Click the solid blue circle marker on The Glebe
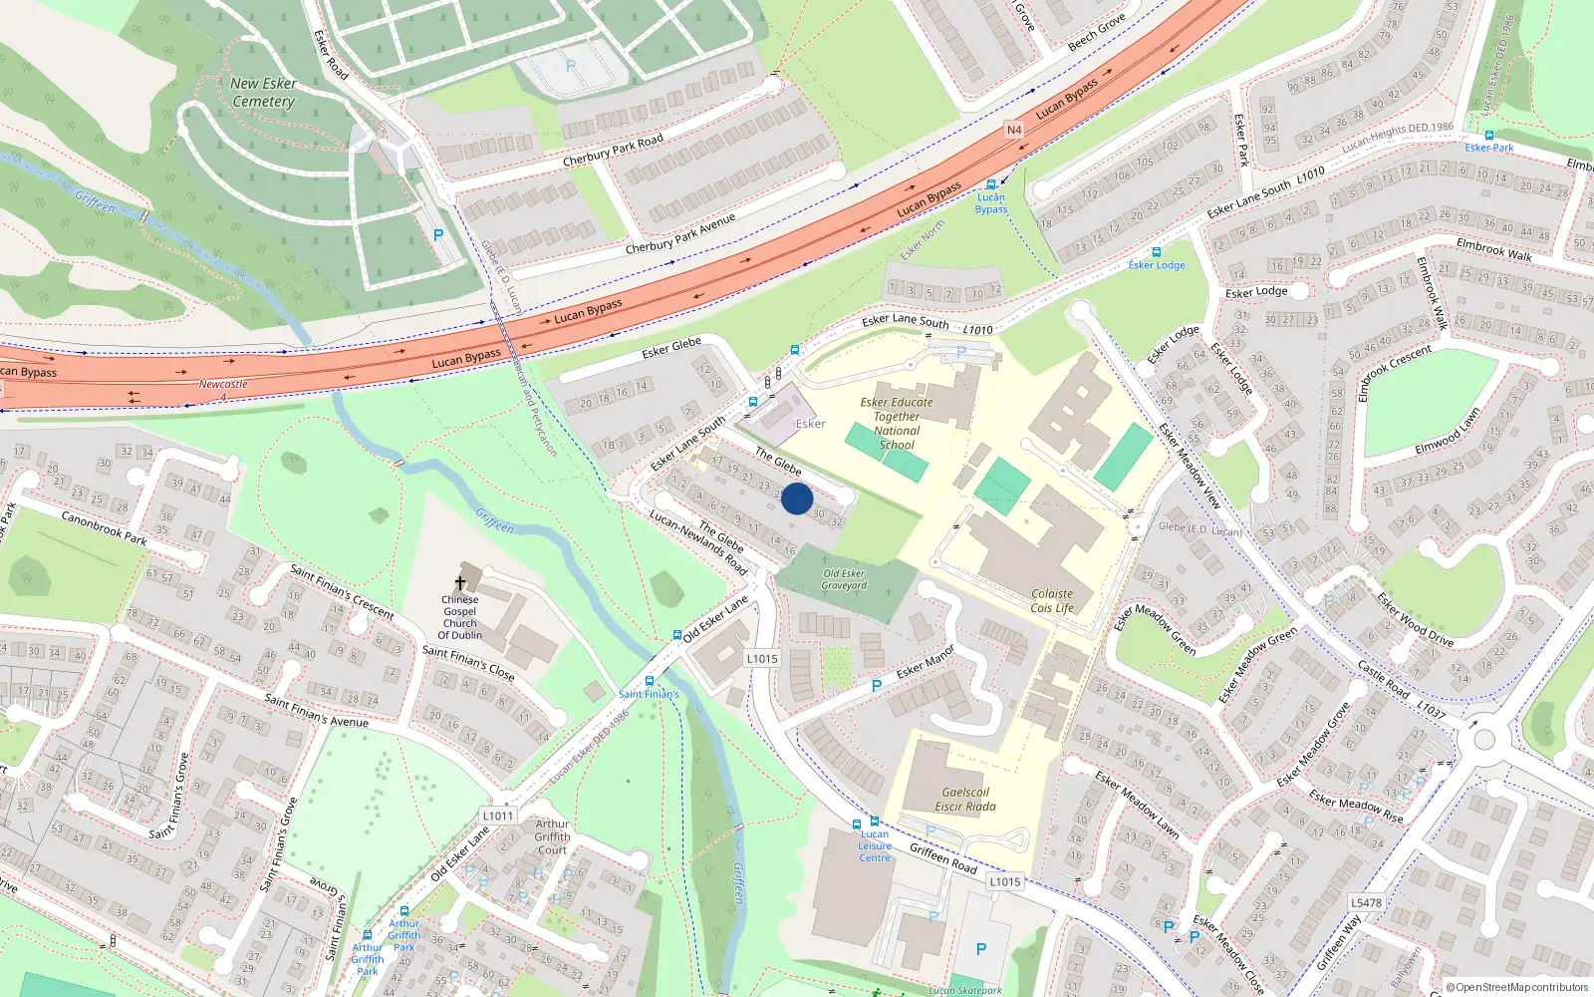click(797, 498)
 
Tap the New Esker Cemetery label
click(263, 93)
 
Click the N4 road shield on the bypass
click(1014, 130)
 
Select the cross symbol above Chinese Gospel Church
click(460, 583)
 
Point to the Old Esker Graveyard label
click(844, 579)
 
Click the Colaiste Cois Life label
click(1052, 600)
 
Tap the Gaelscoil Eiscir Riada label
click(965, 800)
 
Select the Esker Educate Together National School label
click(897, 424)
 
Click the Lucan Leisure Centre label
click(875, 845)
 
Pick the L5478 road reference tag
click(1366, 903)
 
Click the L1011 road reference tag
click(498, 816)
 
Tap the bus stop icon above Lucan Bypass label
click(991, 184)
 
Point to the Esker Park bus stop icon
click(1488, 136)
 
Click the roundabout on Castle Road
click(1484, 739)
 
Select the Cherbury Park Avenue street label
click(680, 233)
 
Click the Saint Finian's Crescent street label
click(342, 591)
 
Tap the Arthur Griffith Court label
click(552, 837)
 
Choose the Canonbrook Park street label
click(104, 528)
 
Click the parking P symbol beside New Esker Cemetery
click(438, 236)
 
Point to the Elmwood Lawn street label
click(1448, 432)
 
